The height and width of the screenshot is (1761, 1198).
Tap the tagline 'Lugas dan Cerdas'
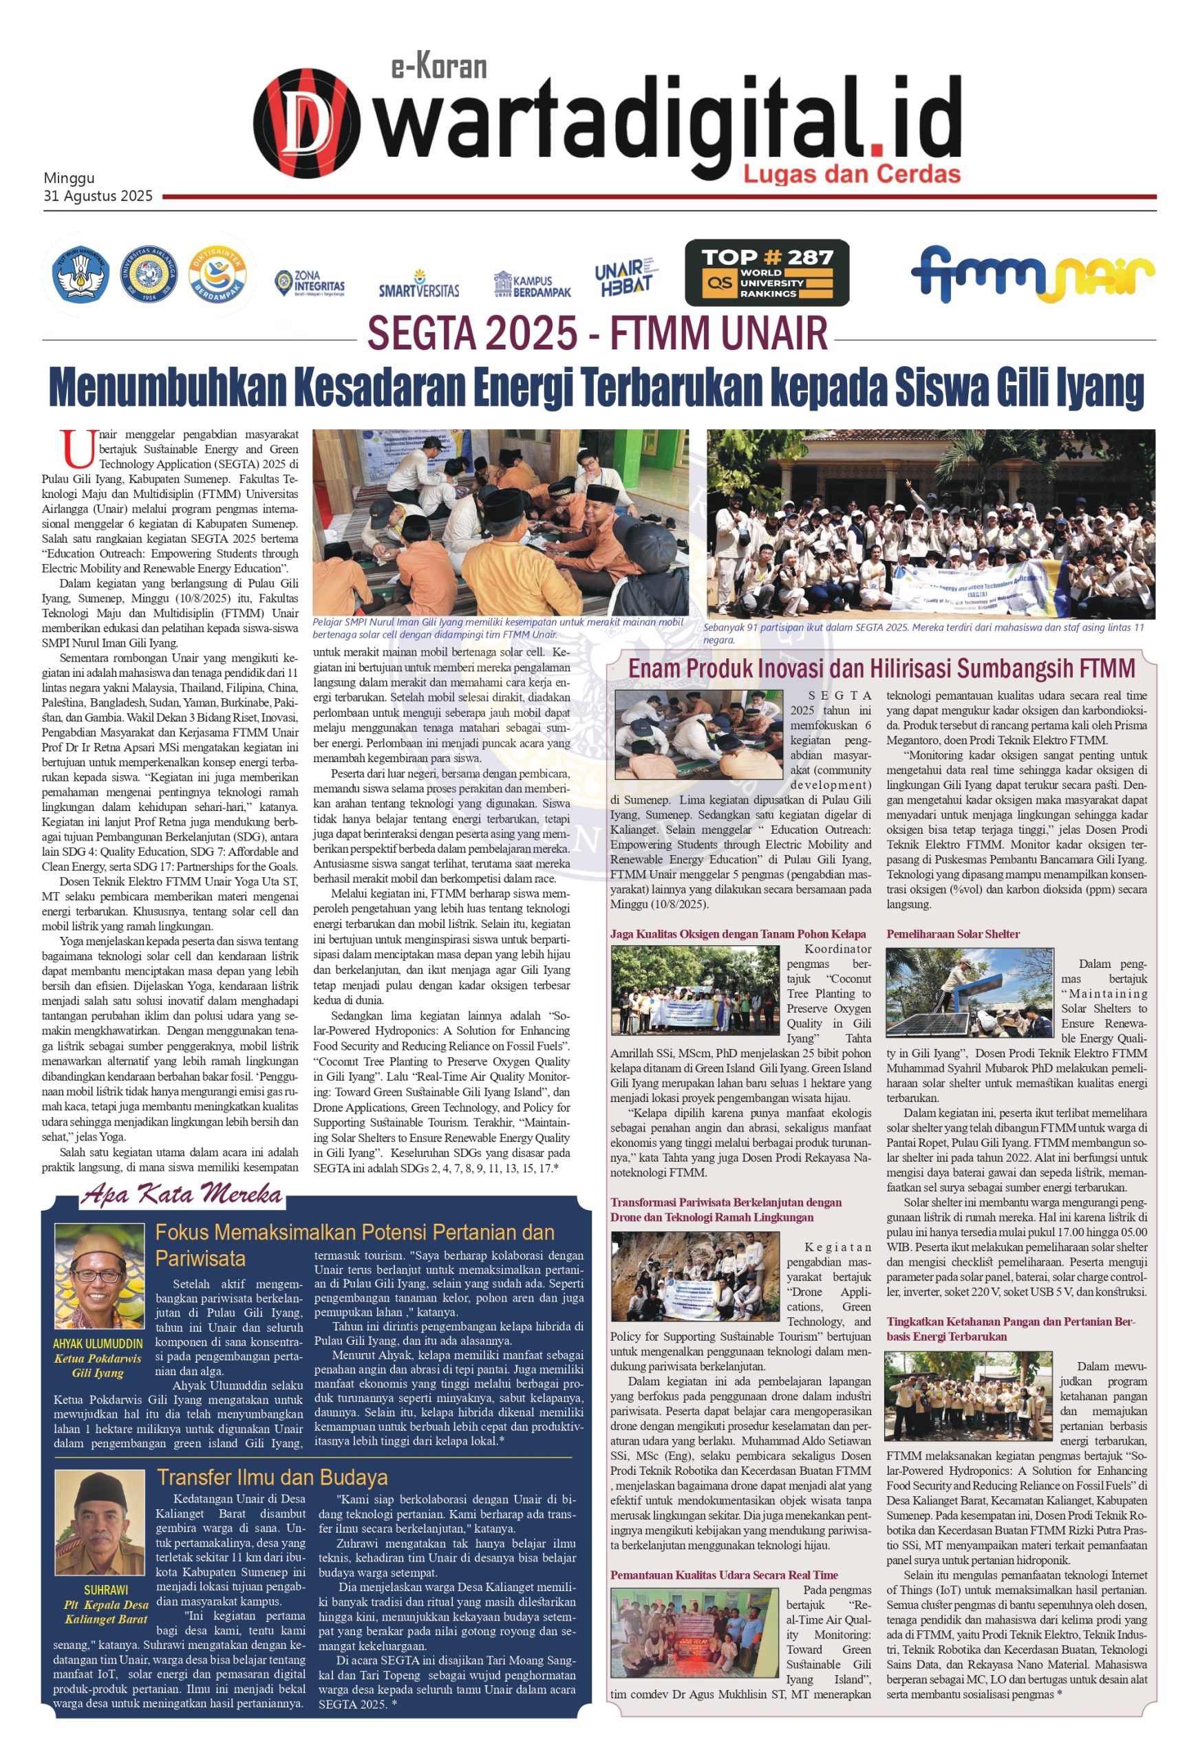(x=851, y=174)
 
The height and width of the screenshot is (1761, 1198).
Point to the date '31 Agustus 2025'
(x=98, y=196)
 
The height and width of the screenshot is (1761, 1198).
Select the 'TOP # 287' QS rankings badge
(x=766, y=273)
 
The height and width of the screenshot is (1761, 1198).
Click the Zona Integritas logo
(x=309, y=283)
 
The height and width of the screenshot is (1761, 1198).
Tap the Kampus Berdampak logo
(x=531, y=285)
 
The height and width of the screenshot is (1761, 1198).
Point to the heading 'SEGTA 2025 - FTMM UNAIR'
(x=598, y=334)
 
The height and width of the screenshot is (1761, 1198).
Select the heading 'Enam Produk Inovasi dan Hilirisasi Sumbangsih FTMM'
(x=882, y=669)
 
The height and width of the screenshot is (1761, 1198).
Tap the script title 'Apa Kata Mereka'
(x=182, y=1195)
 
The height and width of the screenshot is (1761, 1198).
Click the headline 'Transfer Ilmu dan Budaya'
(x=272, y=1477)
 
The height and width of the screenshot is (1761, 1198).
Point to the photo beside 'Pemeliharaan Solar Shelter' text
(x=968, y=993)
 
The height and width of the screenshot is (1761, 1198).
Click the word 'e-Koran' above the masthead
(x=439, y=67)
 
